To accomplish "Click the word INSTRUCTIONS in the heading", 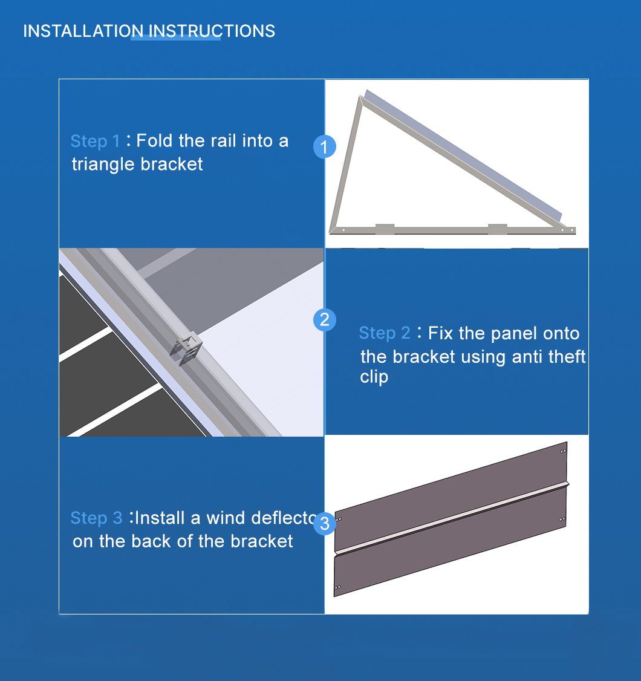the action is (x=212, y=31).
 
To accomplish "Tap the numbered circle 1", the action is (x=324, y=147).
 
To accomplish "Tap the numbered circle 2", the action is (x=324, y=320).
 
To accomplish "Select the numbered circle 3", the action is (x=324, y=524).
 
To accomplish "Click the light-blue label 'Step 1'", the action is (x=95, y=141).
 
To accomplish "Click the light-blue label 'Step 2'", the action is (x=385, y=333).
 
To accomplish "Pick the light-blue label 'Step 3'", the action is (x=96, y=518).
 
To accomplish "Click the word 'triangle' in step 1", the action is (x=103, y=165).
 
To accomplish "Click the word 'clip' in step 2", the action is (x=374, y=377).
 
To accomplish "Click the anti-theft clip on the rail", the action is (x=186, y=348).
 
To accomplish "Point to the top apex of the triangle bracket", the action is (x=360, y=97).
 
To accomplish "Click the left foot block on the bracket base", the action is (x=385, y=229).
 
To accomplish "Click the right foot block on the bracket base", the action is (x=498, y=229).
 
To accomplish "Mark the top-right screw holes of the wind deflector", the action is (x=563, y=451).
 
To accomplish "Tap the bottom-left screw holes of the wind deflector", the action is (x=337, y=588).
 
